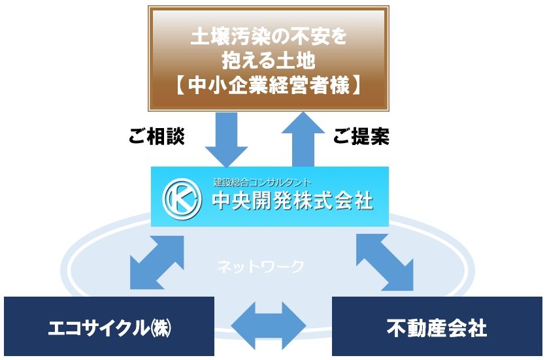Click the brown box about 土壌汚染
[x=268, y=58]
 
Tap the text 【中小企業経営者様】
[x=268, y=86]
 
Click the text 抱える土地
[x=269, y=61]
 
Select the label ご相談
[x=157, y=136]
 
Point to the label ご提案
[x=361, y=136]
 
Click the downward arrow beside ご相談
[x=226, y=140]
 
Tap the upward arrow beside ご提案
[x=303, y=140]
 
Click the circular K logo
[x=182, y=199]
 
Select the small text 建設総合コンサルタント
[x=262, y=182]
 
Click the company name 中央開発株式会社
[x=293, y=201]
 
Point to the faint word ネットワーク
[x=261, y=267]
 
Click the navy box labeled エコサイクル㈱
[x=109, y=326]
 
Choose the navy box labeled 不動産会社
[x=437, y=326]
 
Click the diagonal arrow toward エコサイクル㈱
[x=157, y=263]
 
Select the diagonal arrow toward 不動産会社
[x=385, y=263]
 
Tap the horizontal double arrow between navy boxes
[x=269, y=326]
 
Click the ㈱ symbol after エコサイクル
[x=161, y=328]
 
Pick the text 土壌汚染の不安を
[x=269, y=37]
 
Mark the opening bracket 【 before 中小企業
[x=180, y=86]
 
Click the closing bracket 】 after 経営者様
[x=357, y=86]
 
